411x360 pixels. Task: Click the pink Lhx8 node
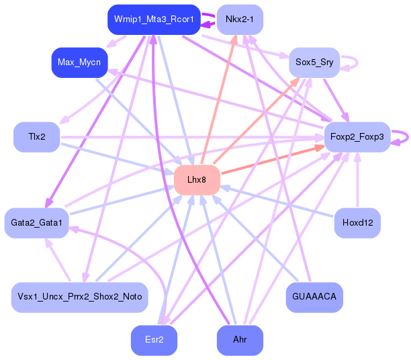coord(197,179)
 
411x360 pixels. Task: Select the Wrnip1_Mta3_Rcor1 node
coord(154,19)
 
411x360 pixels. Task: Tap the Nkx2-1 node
coord(240,19)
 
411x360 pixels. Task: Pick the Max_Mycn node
coord(79,62)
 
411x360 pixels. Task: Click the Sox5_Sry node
coord(314,62)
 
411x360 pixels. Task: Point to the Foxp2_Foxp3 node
coord(357,137)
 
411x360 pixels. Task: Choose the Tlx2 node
coord(37,137)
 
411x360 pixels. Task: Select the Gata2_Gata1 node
coord(37,222)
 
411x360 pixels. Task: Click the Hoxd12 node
coord(357,222)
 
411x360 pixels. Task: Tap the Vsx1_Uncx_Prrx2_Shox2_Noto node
coord(79,297)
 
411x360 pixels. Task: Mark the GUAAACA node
coord(314,297)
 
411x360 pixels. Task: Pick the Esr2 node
coord(154,340)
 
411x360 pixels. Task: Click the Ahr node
coord(240,340)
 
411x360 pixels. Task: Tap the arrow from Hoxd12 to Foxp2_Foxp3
coord(357,181)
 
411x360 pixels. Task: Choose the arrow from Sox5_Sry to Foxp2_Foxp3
coord(335,99)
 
